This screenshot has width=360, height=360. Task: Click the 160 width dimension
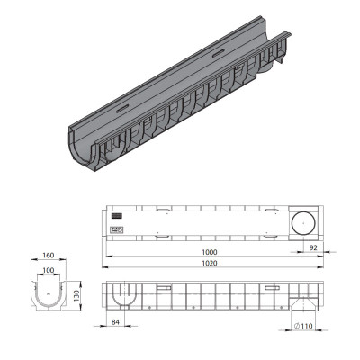point(49,256)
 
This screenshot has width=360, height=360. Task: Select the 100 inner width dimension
point(49,270)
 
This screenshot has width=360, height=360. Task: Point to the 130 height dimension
point(76,296)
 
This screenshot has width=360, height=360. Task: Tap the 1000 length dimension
point(209,252)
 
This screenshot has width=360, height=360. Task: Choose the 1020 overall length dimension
point(209,263)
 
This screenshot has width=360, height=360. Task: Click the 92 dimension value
point(313,248)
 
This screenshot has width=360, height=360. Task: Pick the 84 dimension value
point(115,322)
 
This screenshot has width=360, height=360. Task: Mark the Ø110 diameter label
point(303,326)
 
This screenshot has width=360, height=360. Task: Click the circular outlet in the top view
point(303,222)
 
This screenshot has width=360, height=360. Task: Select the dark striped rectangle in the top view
point(117,216)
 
